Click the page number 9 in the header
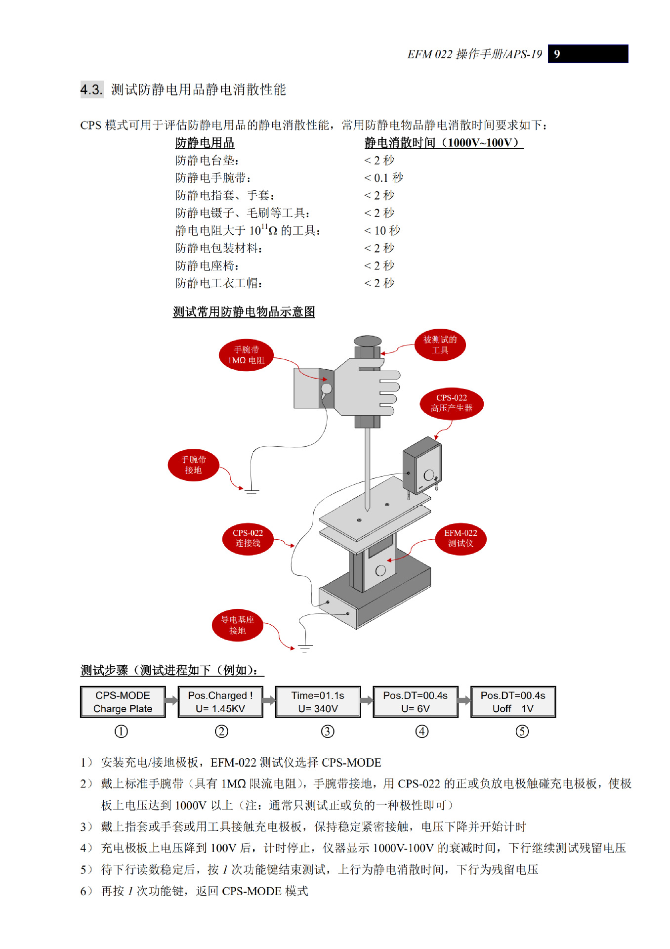(x=557, y=54)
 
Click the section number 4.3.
(x=91, y=89)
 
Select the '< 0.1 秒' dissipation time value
(x=383, y=177)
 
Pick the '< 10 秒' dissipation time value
(x=382, y=230)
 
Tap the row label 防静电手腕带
(x=213, y=177)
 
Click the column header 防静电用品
(x=205, y=143)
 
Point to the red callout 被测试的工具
(x=440, y=345)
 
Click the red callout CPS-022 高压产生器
(x=451, y=403)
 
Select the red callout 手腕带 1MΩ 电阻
(x=246, y=355)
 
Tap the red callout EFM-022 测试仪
(x=461, y=538)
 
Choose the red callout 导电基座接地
(x=237, y=625)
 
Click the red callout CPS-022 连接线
(x=248, y=538)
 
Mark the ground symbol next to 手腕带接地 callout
(x=251, y=492)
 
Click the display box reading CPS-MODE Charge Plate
(x=123, y=702)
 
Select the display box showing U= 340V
(x=318, y=702)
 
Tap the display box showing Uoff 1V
(x=513, y=702)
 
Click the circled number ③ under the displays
(x=328, y=732)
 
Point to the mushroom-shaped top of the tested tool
(x=368, y=341)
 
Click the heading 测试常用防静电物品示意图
(x=244, y=312)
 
